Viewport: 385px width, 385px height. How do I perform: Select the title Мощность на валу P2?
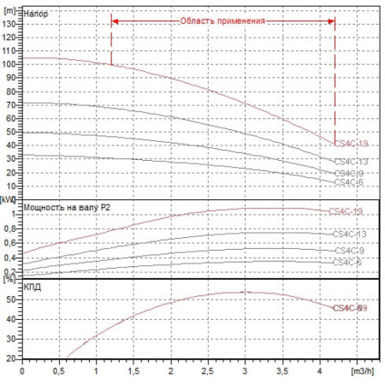68,206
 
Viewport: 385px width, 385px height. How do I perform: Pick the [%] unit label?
9,279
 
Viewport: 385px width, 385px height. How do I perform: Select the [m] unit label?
11,7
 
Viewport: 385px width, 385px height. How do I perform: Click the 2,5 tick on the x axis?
209,373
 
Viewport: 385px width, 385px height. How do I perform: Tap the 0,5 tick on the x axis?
59,373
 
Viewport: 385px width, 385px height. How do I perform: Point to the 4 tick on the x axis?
321,373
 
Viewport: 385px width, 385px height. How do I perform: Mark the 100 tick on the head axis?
11,63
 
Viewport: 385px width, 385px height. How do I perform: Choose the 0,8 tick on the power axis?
11,228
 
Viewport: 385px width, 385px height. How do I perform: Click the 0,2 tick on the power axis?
11,270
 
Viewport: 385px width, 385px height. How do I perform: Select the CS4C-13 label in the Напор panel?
350,161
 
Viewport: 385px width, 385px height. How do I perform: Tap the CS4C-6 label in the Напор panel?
347,181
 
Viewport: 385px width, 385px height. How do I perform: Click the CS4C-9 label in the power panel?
347,250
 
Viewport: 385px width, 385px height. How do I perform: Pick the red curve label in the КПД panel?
349,307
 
